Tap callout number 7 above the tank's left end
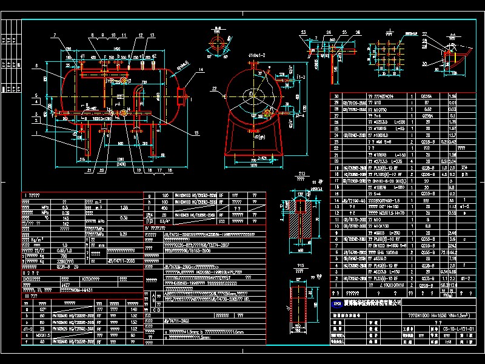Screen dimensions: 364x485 [x=54, y=36]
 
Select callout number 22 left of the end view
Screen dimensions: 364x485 [x=215, y=89]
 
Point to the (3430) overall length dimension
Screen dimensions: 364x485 [x=121, y=164]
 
